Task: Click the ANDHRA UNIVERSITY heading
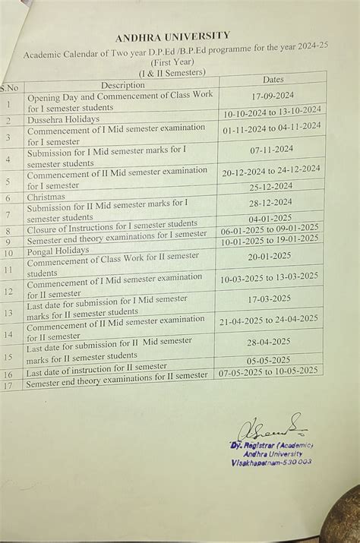[172, 36]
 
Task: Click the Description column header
[122, 85]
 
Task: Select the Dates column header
[273, 79]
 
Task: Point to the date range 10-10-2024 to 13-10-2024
[272, 112]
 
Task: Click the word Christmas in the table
[46, 197]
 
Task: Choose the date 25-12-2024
[271, 186]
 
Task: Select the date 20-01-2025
[270, 256]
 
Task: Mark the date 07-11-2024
[271, 150]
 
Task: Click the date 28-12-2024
[270, 202]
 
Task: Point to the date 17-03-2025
[269, 298]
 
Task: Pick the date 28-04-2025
[268, 343]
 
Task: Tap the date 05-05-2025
[268, 360]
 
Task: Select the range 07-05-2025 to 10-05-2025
[268, 371]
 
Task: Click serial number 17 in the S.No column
[8, 386]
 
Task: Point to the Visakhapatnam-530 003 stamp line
[271, 462]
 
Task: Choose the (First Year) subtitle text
[172, 63]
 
